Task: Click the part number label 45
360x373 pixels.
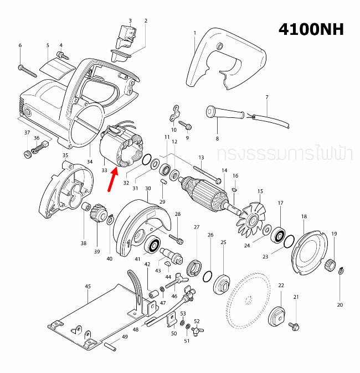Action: point(88,287)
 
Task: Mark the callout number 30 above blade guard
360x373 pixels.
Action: point(148,189)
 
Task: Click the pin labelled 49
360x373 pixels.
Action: point(110,345)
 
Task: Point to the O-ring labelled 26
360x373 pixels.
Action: point(208,276)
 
